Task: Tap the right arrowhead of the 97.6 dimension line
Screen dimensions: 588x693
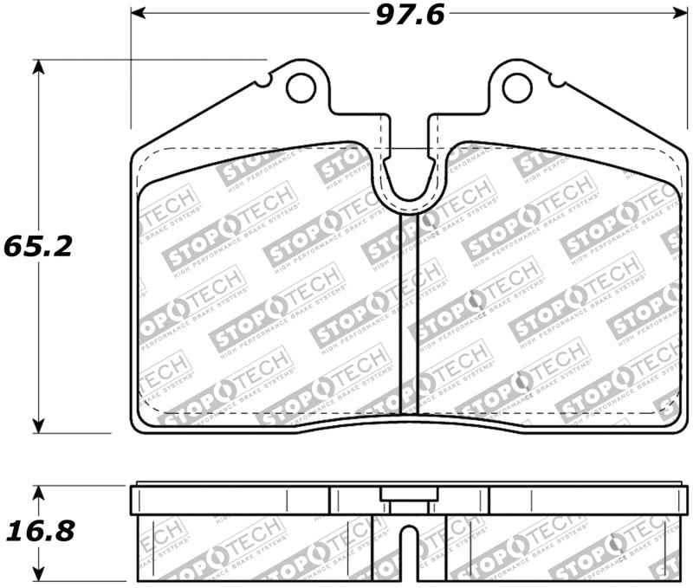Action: click(676, 15)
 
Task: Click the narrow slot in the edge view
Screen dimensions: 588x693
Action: click(408, 554)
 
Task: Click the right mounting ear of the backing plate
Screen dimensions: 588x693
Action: click(517, 91)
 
